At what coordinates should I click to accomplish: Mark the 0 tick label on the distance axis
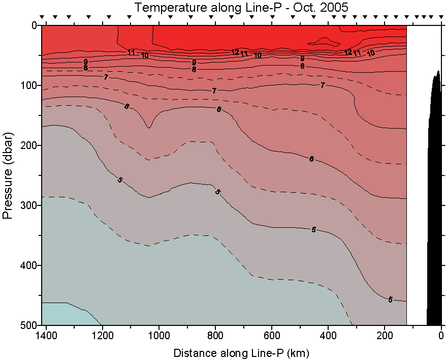click(x=441, y=336)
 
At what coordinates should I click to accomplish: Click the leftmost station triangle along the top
click(x=43, y=17)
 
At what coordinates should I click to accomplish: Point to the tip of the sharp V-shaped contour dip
click(x=149, y=128)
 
